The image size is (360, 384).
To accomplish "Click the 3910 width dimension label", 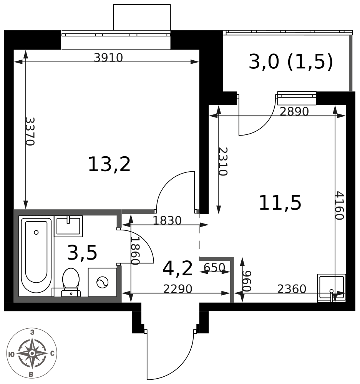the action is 108,58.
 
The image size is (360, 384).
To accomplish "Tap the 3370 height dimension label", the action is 30,131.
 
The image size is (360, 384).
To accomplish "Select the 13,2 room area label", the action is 109,164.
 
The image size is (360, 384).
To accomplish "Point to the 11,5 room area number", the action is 280,202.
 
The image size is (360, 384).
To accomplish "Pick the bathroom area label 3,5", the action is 82,253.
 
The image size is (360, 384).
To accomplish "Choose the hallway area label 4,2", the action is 178,269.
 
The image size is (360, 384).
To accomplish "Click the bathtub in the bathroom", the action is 36,254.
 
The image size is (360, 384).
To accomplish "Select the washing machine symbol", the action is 102,282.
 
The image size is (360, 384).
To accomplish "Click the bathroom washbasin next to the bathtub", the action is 68,226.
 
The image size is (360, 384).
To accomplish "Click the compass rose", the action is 32,353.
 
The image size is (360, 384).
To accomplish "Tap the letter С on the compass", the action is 52,353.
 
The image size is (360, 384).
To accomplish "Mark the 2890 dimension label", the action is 294,112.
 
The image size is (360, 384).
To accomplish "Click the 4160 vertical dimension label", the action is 340,205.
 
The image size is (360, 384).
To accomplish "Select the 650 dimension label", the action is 214,267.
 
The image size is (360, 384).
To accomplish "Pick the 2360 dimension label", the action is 292,289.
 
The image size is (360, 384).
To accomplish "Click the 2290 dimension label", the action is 178,289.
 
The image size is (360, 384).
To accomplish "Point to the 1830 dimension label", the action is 167,220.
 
